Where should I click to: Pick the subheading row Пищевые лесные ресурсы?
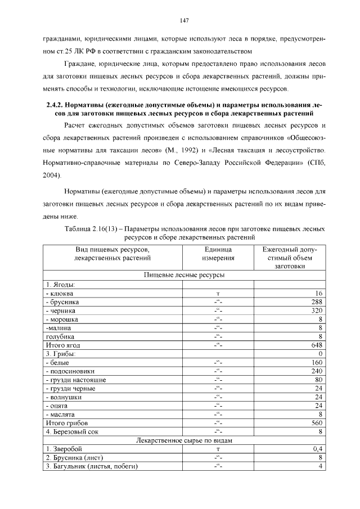pos(184,276)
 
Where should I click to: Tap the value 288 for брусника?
pos(316,302)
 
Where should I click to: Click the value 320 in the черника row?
pos(316,310)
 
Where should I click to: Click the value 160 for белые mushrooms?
pos(316,363)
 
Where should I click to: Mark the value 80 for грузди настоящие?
pos(317,380)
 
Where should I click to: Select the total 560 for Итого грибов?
pos(316,422)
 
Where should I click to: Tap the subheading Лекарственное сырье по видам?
pos(184,440)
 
